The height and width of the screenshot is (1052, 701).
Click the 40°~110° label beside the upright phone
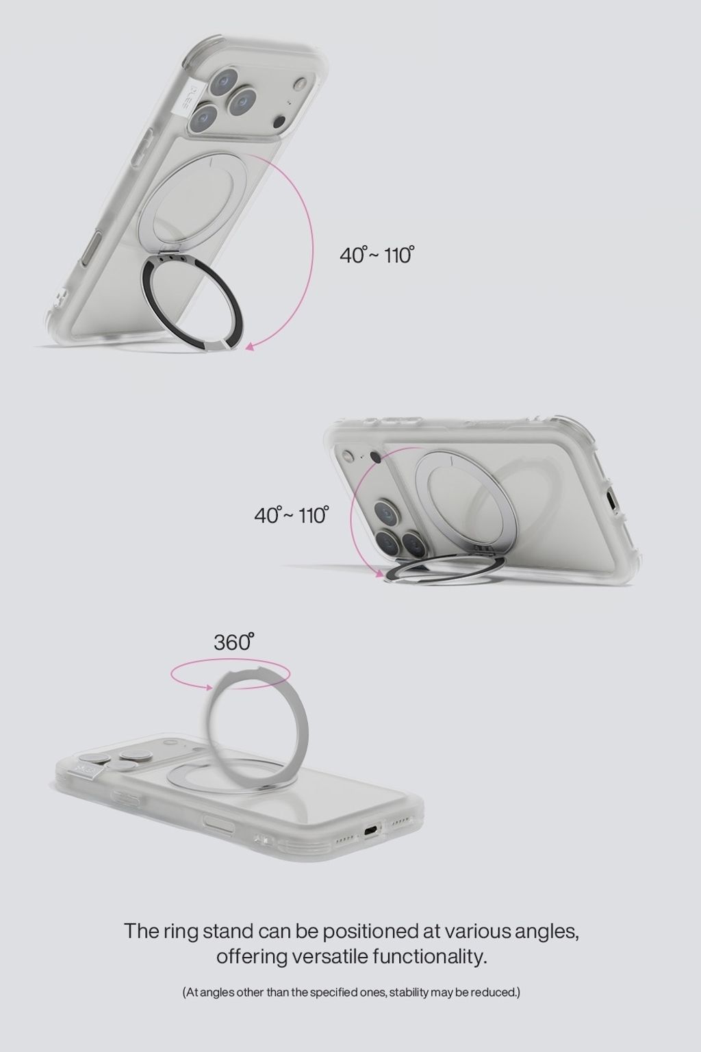[377, 255]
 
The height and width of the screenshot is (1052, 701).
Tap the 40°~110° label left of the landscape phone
[291, 515]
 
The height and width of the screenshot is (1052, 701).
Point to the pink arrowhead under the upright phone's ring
[250, 347]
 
